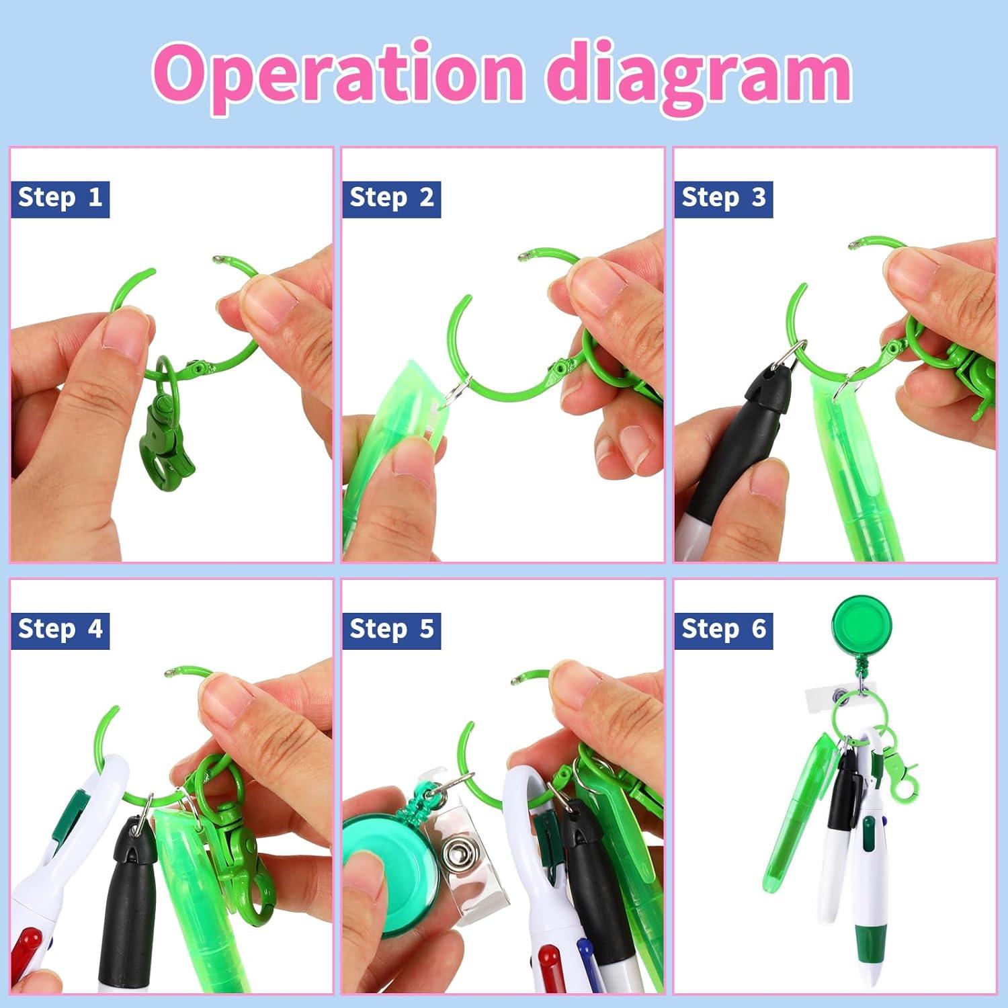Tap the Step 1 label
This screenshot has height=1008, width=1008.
coord(60,198)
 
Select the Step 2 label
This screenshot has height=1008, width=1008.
coord(391,198)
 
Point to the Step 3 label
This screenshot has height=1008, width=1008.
coord(723,198)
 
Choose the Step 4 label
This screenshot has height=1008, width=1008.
coord(60,630)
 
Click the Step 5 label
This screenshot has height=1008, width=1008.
coord(391,630)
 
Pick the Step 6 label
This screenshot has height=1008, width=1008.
coord(723,630)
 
